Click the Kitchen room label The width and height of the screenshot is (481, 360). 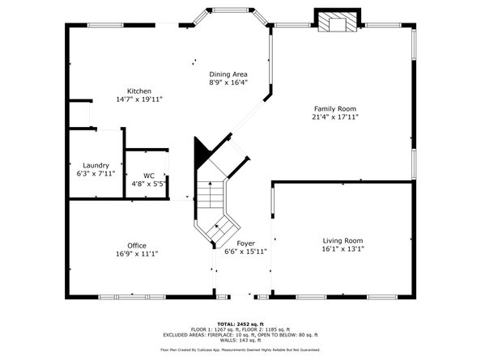tap(139, 91)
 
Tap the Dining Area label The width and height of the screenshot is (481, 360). tap(228, 74)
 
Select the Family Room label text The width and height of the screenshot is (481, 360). tap(335, 108)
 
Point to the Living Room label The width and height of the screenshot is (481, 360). tap(343, 240)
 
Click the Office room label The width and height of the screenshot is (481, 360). tap(137, 245)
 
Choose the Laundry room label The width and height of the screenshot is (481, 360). tap(96, 165)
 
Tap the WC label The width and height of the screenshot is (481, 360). tap(148, 176)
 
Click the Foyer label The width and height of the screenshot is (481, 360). tap(245, 243)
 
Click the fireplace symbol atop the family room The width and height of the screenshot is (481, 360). tap(335, 23)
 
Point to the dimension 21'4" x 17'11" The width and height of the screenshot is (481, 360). tap(335, 117)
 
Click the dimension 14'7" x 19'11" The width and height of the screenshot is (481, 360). tap(139, 100)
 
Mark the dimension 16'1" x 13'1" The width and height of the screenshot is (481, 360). tap(343, 249)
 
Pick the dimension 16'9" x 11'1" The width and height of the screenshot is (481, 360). tap(137, 254)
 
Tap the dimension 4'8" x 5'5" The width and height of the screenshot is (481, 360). tap(148, 184)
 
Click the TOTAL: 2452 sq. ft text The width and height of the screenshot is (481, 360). tap(240, 324)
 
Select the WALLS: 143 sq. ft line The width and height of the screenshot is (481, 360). tap(240, 340)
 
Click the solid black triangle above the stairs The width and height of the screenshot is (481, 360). tap(202, 151)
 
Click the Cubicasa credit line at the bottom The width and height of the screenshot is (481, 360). tap(240, 349)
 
